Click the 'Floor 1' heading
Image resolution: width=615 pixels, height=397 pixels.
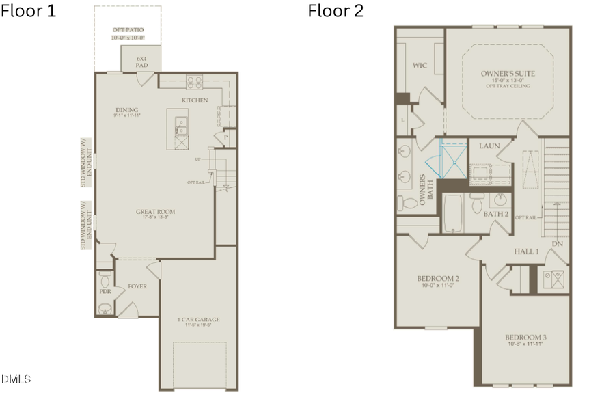point(28,11)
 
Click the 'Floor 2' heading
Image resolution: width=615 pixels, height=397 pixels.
point(336,11)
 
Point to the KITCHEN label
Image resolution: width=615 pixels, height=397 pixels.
point(195,100)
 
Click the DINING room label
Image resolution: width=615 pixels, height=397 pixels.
point(126,110)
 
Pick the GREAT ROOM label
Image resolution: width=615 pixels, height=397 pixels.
point(156,213)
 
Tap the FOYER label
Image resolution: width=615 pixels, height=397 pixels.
point(138,286)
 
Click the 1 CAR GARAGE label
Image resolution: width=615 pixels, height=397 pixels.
point(199,320)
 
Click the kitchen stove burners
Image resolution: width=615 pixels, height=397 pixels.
point(194,82)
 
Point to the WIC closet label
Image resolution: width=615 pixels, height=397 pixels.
point(420,66)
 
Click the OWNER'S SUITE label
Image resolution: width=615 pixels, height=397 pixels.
point(508,73)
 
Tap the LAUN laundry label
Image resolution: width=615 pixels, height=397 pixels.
point(490,146)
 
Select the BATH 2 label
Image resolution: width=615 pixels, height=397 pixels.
point(496,214)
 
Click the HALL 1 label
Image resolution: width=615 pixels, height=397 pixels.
point(527,251)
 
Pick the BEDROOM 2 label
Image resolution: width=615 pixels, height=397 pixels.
point(437,279)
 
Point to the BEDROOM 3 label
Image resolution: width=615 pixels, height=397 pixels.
point(525,338)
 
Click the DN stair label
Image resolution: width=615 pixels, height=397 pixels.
point(558,243)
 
